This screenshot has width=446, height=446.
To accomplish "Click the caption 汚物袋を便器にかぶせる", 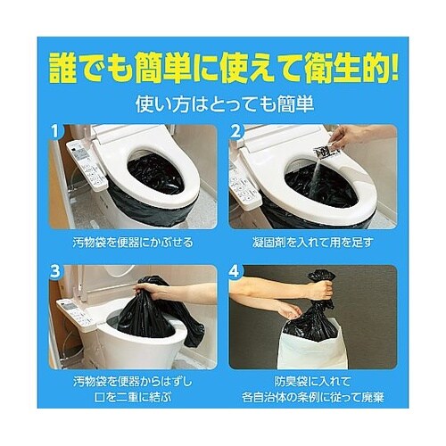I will coord(133,242).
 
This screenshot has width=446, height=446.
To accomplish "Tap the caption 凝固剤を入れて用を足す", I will coord(311,242).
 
